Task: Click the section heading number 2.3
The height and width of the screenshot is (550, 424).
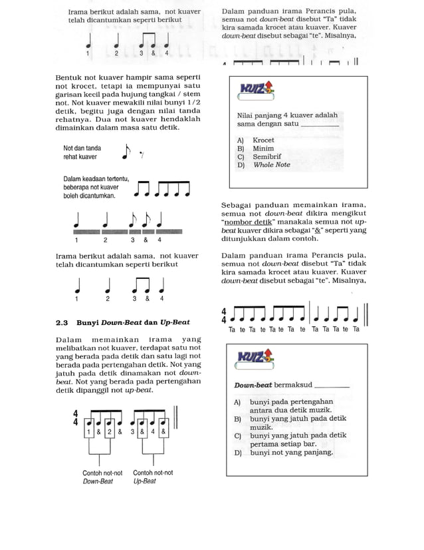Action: click(62, 322)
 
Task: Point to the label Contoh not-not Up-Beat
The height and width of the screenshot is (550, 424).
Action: click(153, 477)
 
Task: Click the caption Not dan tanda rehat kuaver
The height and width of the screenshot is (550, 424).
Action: click(82, 152)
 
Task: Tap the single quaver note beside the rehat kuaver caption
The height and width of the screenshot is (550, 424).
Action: click(126, 152)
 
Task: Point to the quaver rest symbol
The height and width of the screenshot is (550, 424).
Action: click(142, 155)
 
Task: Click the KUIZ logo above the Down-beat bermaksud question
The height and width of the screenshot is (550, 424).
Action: click(255, 360)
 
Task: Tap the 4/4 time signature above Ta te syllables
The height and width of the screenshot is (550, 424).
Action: click(224, 315)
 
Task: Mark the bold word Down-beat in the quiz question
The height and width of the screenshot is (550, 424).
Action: click(253, 386)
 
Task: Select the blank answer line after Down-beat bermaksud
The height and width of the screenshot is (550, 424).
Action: click(330, 386)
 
